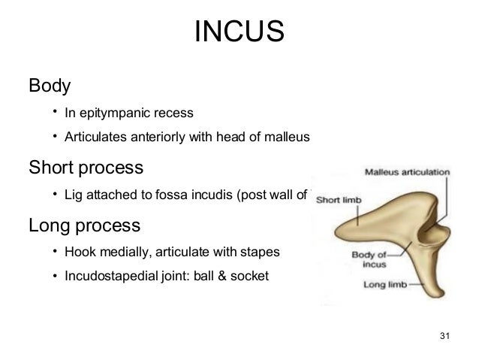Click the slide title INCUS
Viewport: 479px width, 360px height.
239,32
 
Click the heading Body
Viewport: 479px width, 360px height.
50,86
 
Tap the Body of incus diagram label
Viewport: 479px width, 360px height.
372,259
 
